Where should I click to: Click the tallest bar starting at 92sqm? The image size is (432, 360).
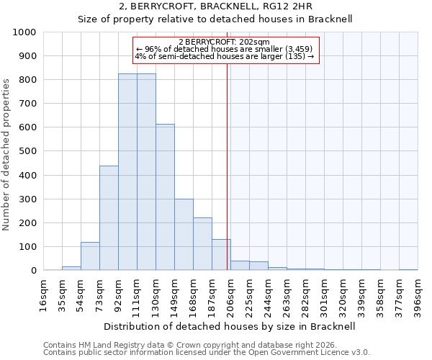pyautogui.click(x=127, y=172)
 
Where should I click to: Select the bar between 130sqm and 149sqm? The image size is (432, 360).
pyautogui.click(x=165, y=197)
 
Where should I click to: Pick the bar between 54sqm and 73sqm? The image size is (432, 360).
pyautogui.click(x=90, y=256)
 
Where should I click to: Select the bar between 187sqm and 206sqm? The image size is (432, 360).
pyautogui.click(x=221, y=255)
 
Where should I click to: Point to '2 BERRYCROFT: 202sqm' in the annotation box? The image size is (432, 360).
pyautogui.click(x=224, y=42)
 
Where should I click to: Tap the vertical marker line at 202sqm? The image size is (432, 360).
pyautogui.click(x=228, y=166)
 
